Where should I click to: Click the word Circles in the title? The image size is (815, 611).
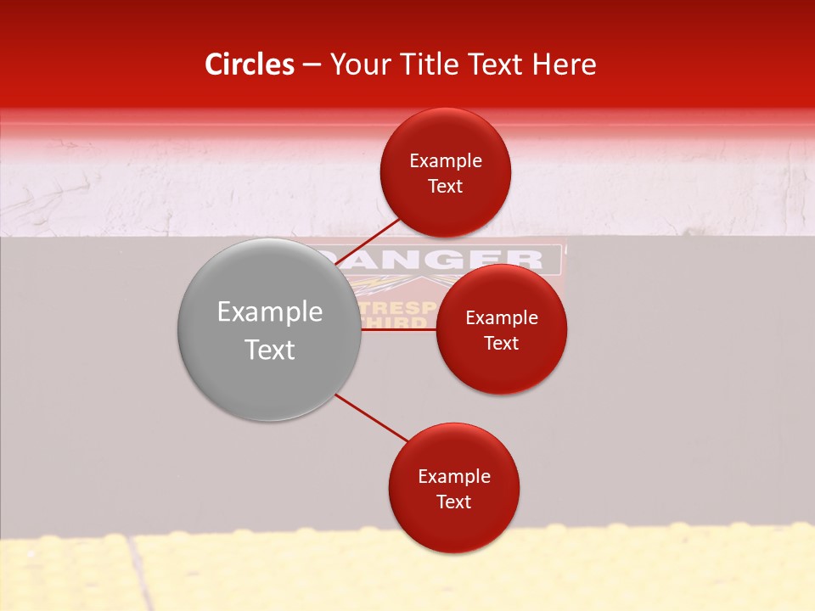coord(249,64)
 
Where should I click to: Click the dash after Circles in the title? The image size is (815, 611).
coord(312,65)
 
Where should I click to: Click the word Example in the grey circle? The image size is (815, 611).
coord(270,312)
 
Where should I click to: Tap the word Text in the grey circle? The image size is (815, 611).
coord(270,350)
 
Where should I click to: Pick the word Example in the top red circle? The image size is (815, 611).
coord(446,161)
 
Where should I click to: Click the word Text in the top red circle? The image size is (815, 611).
coord(446,187)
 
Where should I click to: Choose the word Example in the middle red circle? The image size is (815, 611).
coord(502,318)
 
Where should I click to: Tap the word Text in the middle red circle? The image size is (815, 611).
coord(502,343)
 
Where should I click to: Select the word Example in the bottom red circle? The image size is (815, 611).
coord(454,477)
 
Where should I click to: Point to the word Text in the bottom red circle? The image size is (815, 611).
coord(454,502)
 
